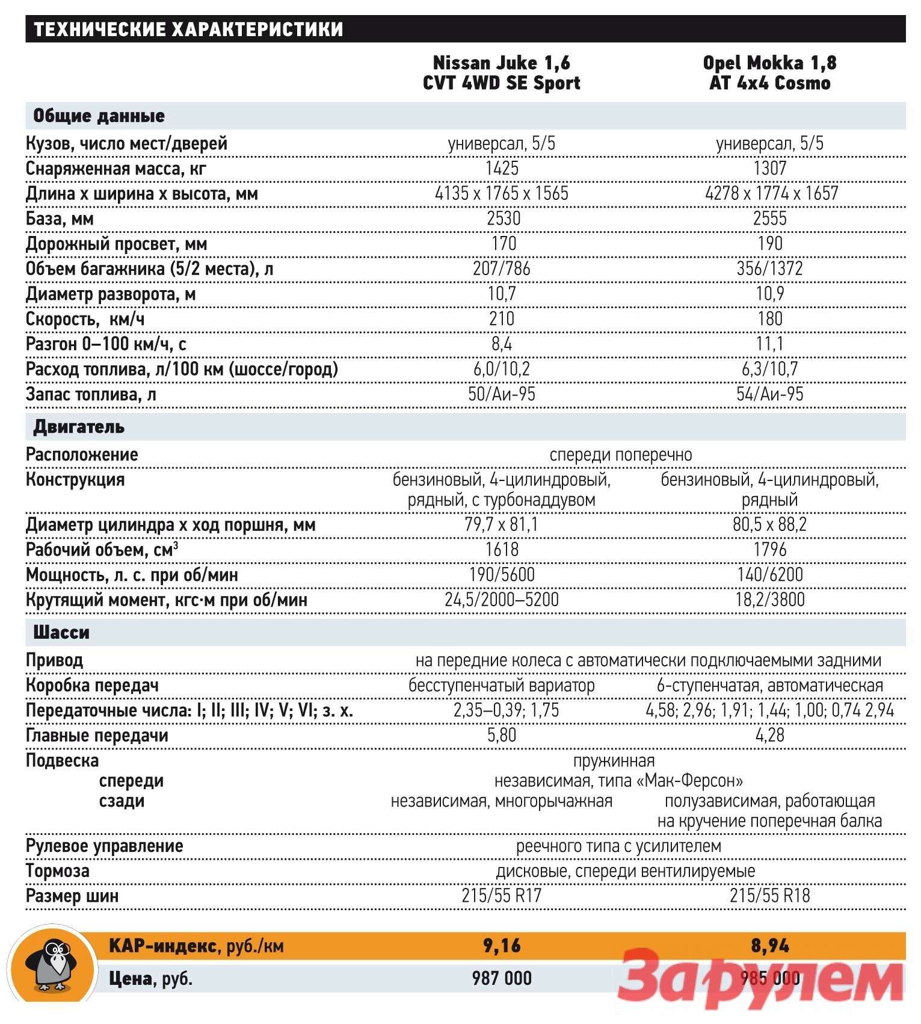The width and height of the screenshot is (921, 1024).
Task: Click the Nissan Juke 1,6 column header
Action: [501, 73]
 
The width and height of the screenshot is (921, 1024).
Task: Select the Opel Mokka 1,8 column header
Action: [769, 73]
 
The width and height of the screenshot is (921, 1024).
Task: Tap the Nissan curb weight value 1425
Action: [502, 168]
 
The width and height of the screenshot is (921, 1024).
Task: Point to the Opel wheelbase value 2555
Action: [769, 219]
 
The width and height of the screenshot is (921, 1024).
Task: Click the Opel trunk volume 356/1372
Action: [769, 268]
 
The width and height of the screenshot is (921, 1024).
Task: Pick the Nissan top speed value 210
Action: [502, 318]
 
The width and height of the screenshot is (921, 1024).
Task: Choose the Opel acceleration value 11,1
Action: [769, 344]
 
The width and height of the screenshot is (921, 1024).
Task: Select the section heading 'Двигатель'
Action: [79, 427]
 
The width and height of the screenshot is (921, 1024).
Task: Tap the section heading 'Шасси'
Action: [61, 633]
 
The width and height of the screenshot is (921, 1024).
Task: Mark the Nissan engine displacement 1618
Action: [502, 550]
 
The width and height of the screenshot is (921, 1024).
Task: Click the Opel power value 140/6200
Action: [769, 575]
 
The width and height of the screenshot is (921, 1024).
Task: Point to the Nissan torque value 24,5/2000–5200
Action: [502, 600]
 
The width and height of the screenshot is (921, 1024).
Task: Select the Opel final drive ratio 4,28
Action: [769, 735]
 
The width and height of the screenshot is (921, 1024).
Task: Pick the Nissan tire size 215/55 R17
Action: [502, 896]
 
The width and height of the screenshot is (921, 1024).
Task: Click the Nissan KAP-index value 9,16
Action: [502, 946]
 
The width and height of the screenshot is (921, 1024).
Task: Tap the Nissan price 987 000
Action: [502, 978]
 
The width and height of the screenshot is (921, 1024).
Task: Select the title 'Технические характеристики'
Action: [188, 29]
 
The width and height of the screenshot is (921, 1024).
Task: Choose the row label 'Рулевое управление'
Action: [104, 846]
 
